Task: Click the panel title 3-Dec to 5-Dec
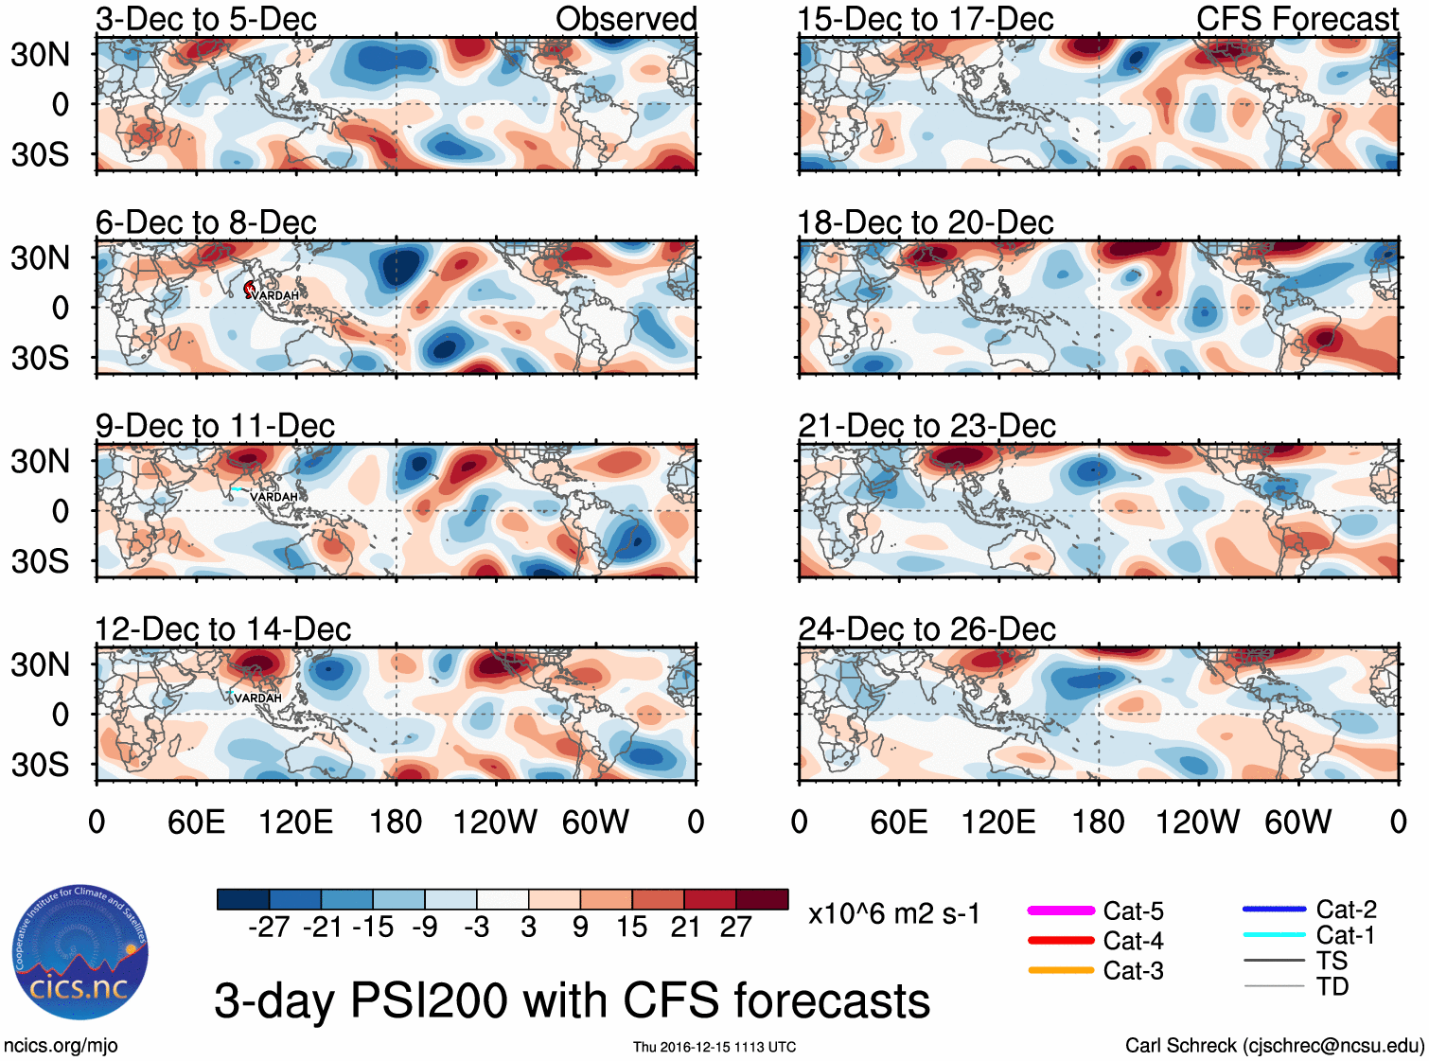coord(205,19)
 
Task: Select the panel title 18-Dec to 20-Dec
coord(925,222)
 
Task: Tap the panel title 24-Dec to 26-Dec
coord(926,629)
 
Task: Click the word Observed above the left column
coord(626,19)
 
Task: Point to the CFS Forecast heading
coord(1297,19)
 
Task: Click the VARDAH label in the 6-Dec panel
coord(275,296)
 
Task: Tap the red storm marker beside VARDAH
coord(250,288)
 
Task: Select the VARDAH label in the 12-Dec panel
coord(257,698)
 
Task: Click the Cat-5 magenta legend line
coord(1061,911)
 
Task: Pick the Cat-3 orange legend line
coord(1061,970)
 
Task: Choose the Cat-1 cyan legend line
coord(1274,935)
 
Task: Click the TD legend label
coord(1332,986)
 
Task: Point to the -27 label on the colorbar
coord(269,927)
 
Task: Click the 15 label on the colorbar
coord(631,927)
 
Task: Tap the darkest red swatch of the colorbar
coord(762,899)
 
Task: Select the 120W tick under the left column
coord(495,822)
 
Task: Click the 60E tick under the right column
coord(898,822)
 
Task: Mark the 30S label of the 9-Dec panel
coord(40,561)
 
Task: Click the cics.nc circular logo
coord(80,953)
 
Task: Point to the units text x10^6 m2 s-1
coord(893,914)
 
